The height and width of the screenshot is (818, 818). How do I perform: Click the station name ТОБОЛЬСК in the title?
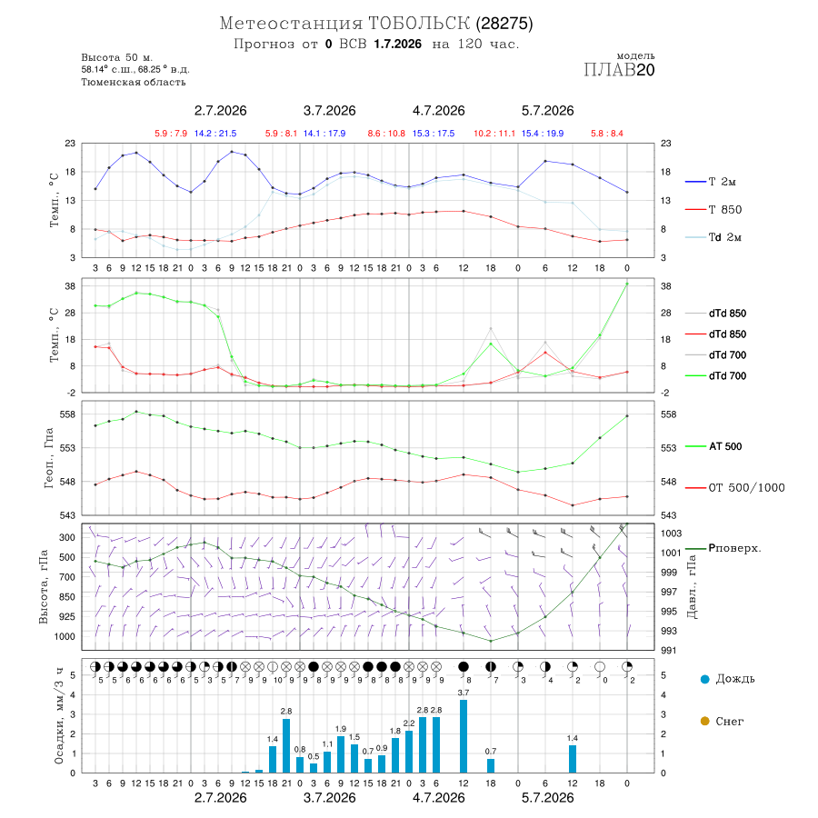tap(419, 24)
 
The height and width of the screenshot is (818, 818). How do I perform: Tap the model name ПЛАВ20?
tap(619, 70)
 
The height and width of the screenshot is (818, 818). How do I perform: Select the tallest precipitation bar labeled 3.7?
tap(464, 736)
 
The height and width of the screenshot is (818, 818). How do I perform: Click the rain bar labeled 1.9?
tap(341, 754)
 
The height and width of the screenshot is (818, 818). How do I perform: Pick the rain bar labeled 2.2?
tap(409, 752)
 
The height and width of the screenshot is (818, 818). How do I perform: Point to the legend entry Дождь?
tap(728, 679)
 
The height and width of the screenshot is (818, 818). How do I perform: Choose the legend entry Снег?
tap(722, 721)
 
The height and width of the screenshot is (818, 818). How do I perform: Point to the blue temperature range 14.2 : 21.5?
tap(215, 134)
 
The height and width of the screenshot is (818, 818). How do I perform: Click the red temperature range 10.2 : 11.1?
tap(494, 134)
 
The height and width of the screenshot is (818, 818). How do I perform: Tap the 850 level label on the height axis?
tap(66, 597)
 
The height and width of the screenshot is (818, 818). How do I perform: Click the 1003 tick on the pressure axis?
tap(671, 534)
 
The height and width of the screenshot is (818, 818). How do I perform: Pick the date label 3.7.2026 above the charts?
tap(329, 111)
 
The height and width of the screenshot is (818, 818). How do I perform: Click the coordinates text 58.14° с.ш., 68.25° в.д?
tap(135, 69)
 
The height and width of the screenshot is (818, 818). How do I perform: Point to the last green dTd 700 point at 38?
tap(627, 284)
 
